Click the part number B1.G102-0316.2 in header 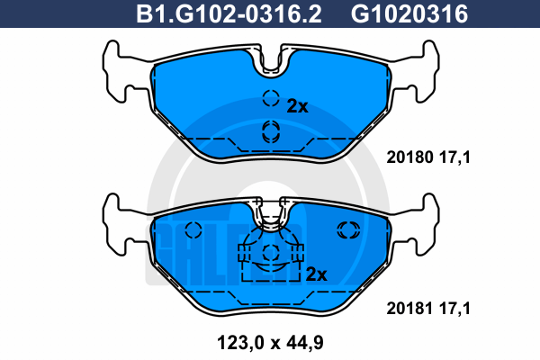(229, 14)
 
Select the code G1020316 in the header (409, 14)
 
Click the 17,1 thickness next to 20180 (454, 157)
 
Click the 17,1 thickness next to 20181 (454, 309)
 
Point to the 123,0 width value (240, 343)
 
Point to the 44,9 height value (303, 343)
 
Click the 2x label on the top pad (298, 106)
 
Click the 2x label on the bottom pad (316, 274)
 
